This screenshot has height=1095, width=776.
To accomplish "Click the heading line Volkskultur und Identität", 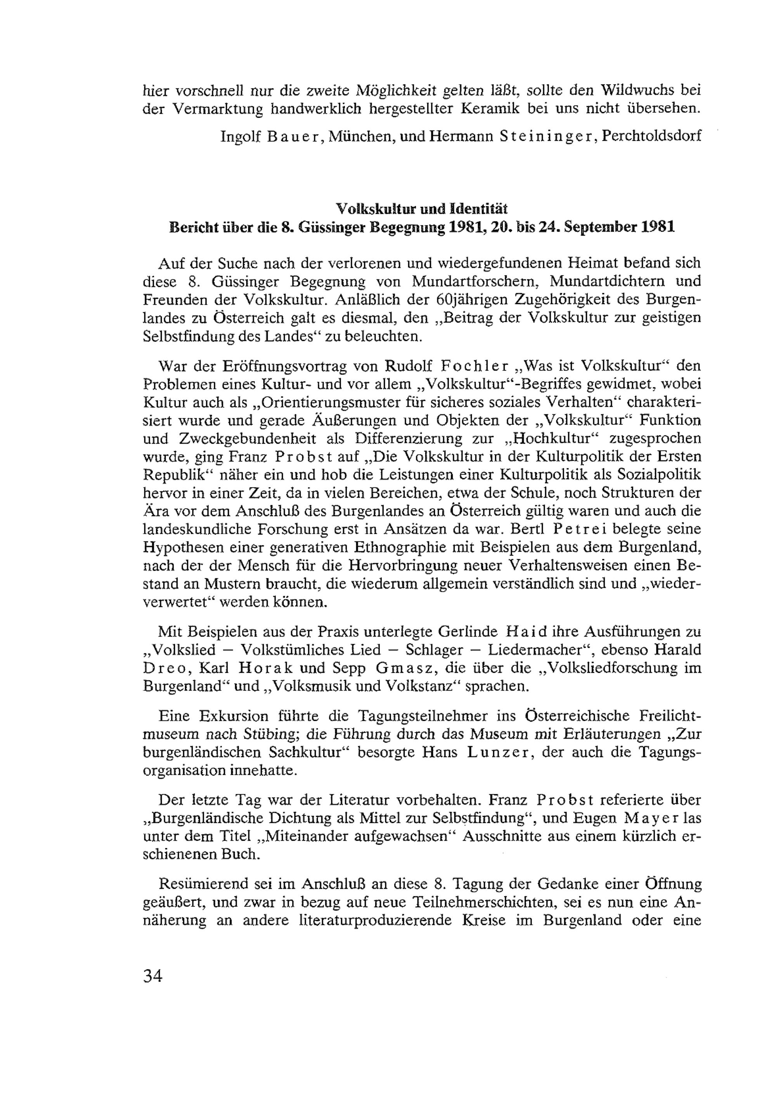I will click(422, 208).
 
